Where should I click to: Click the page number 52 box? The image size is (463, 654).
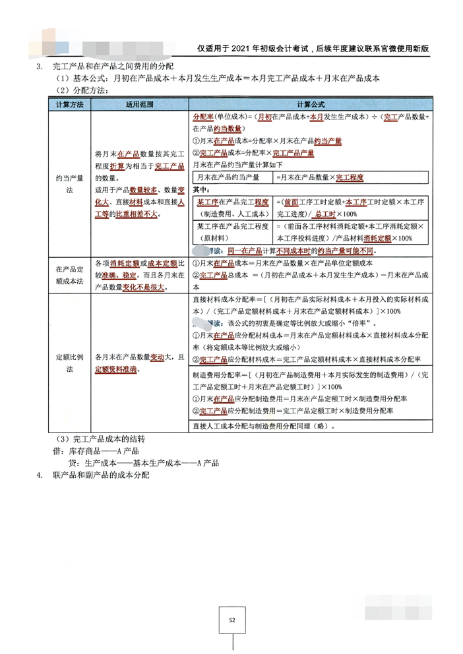point(231,620)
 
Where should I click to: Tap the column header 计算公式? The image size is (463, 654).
point(309,105)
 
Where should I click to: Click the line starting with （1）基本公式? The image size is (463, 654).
point(218,78)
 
